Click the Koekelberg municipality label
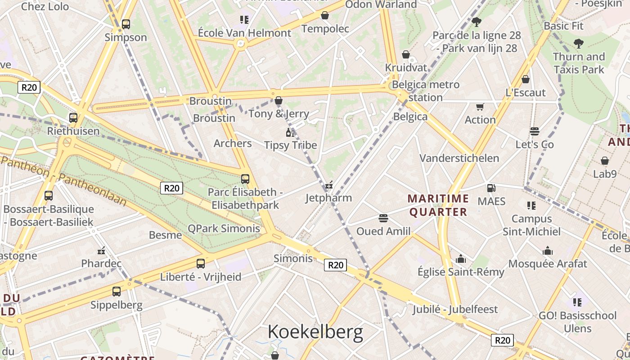click(315, 332)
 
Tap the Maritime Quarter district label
click(438, 205)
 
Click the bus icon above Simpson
click(126, 24)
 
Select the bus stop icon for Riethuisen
click(73, 118)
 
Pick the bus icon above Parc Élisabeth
click(245, 179)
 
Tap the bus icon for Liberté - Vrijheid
click(201, 264)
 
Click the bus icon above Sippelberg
click(117, 292)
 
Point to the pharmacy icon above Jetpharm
click(329, 185)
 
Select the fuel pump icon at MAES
click(491, 188)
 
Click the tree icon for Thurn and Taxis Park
click(579, 44)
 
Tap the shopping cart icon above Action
click(480, 107)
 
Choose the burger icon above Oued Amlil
click(383, 218)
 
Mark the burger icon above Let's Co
click(535, 131)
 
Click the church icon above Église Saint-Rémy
click(461, 259)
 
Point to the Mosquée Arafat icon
click(548, 251)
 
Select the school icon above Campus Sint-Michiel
click(531, 206)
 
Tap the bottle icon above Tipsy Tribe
click(290, 132)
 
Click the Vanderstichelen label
click(459, 158)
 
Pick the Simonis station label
click(293, 258)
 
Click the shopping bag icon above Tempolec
click(325, 16)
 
